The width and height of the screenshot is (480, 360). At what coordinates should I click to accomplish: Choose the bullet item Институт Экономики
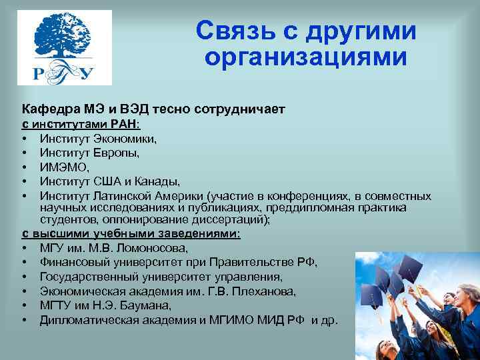tap(98, 139)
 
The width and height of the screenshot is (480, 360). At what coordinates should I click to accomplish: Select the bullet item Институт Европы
tap(89, 153)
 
